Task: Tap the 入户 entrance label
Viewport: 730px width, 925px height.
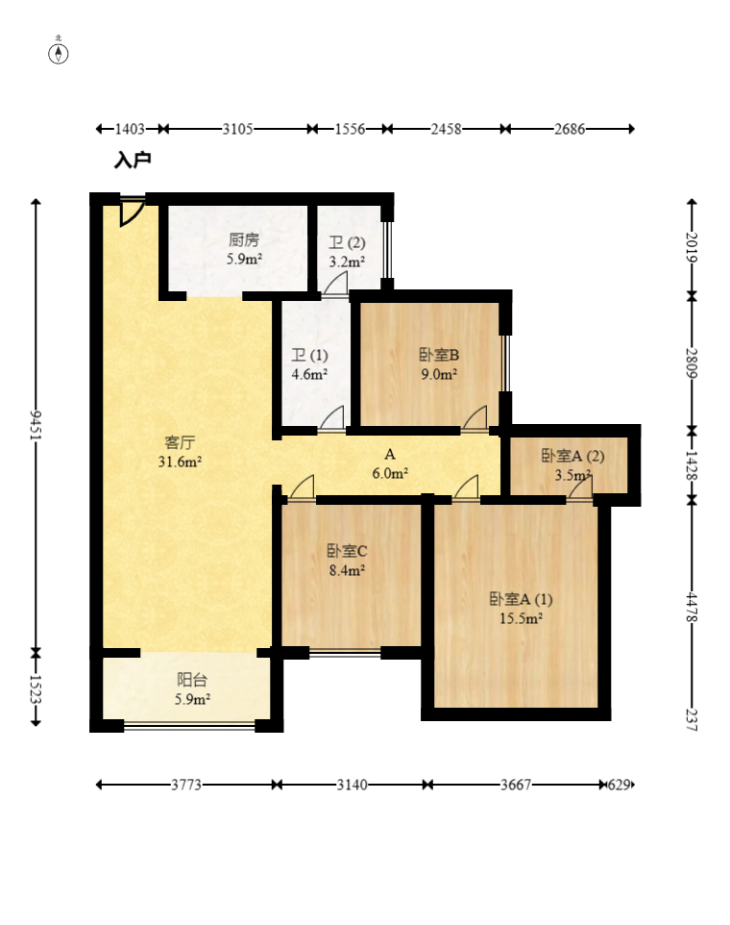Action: tap(133, 160)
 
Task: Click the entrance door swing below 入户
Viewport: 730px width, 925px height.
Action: tap(131, 212)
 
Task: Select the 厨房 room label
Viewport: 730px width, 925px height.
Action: tap(244, 239)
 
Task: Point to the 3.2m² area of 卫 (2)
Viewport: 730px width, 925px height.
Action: tap(347, 262)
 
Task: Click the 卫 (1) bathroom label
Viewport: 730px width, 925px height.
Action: tap(309, 355)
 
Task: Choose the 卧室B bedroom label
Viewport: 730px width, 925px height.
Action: tap(439, 355)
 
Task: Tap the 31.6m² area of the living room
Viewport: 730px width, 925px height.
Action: tap(180, 462)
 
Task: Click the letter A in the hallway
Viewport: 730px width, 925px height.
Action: tap(389, 454)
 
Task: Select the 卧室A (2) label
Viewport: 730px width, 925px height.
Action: tap(572, 456)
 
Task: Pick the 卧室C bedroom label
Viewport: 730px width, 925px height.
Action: tap(347, 551)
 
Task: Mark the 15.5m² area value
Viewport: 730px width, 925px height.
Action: tap(521, 618)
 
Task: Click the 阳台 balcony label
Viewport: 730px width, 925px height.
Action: tap(192, 680)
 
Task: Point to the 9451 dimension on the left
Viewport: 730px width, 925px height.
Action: tap(36, 425)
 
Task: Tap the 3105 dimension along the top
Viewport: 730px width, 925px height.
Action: tap(237, 129)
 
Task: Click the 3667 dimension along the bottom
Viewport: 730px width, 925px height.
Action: tap(516, 785)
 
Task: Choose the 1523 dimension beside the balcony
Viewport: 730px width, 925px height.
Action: tap(36, 688)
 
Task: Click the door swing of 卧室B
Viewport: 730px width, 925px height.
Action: tap(475, 417)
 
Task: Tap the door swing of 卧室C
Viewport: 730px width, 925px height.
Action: tap(302, 487)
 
